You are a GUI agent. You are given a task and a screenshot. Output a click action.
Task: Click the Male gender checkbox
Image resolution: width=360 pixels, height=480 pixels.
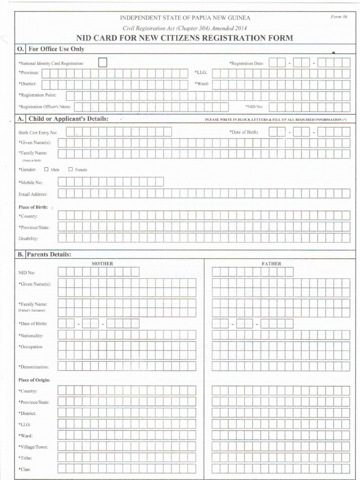pyautogui.click(x=46, y=169)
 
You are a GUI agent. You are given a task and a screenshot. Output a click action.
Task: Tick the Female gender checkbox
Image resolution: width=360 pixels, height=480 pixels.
pyautogui.click(x=71, y=169)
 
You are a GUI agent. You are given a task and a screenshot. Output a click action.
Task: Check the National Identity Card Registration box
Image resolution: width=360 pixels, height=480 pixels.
pyautogui.click(x=103, y=63)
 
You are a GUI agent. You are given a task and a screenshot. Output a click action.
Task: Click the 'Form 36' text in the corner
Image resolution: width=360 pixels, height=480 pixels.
pyautogui.click(x=338, y=17)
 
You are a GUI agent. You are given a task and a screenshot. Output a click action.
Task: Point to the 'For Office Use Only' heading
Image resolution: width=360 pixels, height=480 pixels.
pyautogui.click(x=56, y=49)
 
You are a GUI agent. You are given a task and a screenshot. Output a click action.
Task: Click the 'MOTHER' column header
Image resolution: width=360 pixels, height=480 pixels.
pyautogui.click(x=102, y=263)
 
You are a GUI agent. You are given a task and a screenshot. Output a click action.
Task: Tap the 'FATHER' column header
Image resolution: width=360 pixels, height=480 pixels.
pyautogui.click(x=271, y=263)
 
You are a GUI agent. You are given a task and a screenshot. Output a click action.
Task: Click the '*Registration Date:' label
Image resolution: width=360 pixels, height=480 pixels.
pyautogui.click(x=246, y=63)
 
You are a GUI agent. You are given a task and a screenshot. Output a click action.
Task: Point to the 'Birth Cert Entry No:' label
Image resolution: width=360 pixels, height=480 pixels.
pyautogui.click(x=37, y=133)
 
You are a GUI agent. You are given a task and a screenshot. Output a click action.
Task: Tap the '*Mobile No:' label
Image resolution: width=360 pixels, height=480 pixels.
pyautogui.click(x=30, y=182)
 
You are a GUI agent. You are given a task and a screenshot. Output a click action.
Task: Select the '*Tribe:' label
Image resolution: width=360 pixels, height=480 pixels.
pyautogui.click(x=26, y=457)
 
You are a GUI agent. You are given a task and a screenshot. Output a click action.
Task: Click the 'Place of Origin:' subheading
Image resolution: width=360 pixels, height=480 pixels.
pyautogui.click(x=34, y=380)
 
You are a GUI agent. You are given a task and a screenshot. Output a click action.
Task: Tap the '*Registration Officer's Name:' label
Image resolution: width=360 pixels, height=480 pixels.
pyautogui.click(x=45, y=106)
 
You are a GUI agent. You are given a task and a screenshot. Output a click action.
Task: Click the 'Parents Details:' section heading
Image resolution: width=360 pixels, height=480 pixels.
pyautogui.click(x=49, y=255)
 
